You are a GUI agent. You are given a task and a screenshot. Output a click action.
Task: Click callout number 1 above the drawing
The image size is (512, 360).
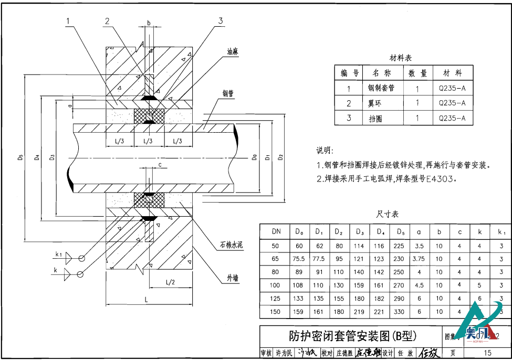(x=68, y=21)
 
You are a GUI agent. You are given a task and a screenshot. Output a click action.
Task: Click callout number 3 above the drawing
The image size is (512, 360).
(x=221, y=20)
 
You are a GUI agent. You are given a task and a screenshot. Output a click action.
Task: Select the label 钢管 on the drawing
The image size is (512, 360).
(x=227, y=94)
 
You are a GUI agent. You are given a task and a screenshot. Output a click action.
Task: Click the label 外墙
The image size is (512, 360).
(x=233, y=278)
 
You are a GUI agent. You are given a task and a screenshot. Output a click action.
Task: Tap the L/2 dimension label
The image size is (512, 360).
(x=170, y=282)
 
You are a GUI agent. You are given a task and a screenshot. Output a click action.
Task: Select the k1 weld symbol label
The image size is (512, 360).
(x=58, y=255)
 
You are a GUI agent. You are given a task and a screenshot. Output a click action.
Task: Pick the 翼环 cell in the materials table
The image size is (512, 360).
(x=375, y=103)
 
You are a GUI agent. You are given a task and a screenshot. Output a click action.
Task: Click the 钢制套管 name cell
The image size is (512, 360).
(x=381, y=88)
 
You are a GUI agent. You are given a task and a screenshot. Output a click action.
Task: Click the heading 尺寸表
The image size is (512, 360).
(x=388, y=214)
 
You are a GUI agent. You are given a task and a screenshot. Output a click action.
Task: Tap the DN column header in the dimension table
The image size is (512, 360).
(x=276, y=231)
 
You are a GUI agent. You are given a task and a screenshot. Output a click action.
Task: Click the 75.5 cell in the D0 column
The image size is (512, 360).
(x=299, y=259)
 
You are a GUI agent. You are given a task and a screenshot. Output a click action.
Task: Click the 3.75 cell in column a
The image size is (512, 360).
(x=419, y=259)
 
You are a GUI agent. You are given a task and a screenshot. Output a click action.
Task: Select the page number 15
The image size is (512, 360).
(x=487, y=353)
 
